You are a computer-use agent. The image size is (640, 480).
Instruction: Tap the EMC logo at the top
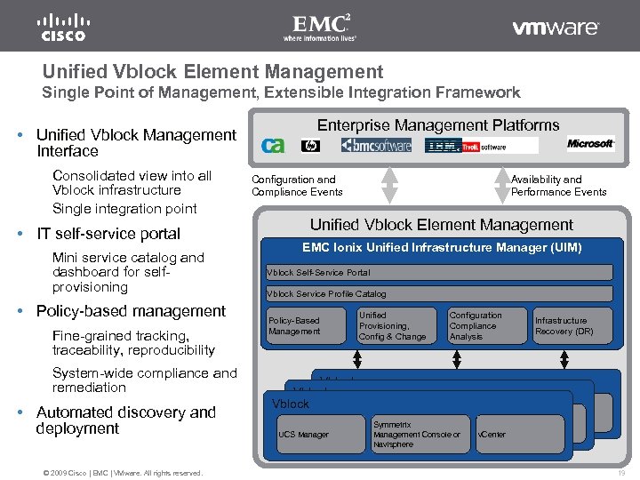point(319,27)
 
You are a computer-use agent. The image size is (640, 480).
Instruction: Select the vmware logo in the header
point(556,28)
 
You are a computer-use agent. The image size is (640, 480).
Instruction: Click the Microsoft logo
point(590,144)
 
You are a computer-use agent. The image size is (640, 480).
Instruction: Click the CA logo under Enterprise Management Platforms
point(273,145)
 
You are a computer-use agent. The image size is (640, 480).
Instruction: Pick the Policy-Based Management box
point(305,325)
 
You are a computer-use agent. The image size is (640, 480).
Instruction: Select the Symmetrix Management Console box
point(419,435)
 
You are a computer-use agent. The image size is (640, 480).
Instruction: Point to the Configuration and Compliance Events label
point(297,185)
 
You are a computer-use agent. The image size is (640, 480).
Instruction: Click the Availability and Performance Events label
point(558,185)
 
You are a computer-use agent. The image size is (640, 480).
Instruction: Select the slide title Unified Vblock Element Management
point(213,72)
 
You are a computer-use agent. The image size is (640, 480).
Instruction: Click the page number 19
point(620,473)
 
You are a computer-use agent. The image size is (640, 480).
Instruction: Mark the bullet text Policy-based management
point(131,311)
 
